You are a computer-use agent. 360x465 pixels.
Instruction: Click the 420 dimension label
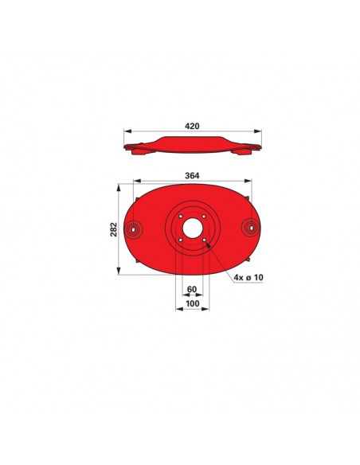coord(192,126)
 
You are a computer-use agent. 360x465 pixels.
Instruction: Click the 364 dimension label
coord(192,175)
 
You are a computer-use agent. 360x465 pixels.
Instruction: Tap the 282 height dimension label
coord(114,229)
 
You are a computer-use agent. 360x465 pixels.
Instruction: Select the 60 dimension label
coord(192,289)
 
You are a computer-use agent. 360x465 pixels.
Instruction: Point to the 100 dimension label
coord(193,303)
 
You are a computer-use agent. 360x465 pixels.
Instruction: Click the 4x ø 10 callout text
coord(248,278)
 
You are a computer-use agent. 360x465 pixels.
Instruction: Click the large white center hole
coord(193,228)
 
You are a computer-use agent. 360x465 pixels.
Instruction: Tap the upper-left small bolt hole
coord(180,217)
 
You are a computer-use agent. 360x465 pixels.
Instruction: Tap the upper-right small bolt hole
coord(204,217)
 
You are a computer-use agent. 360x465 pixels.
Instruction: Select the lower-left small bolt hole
coord(180,240)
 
